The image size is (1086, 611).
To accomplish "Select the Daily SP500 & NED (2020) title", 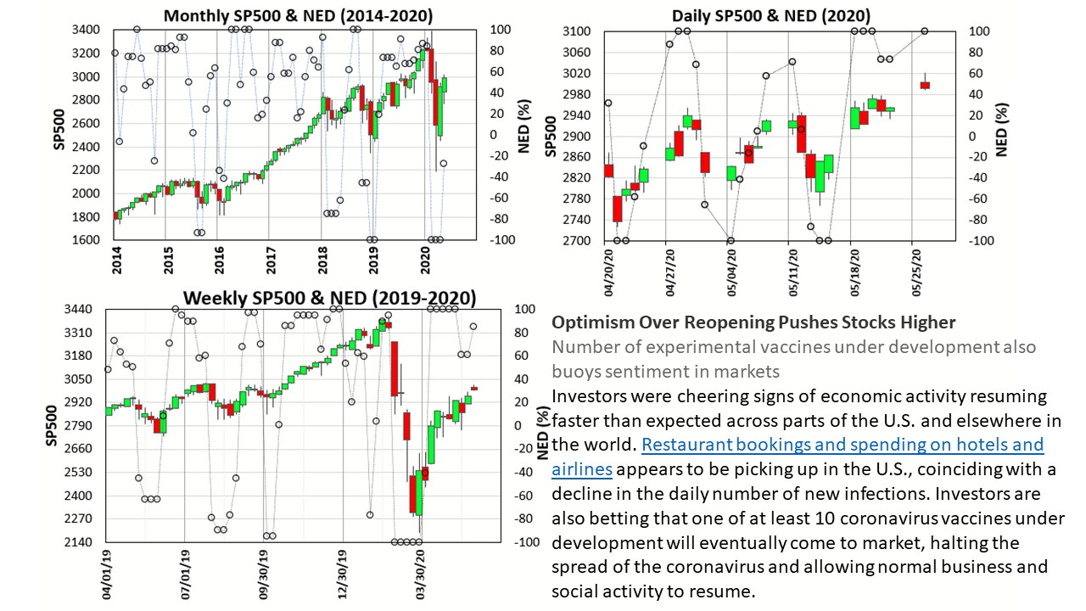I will (x=770, y=15).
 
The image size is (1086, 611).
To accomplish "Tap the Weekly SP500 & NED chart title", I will (x=330, y=298).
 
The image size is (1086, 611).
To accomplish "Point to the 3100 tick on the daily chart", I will (x=576, y=31).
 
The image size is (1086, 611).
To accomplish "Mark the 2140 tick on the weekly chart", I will (x=81, y=541).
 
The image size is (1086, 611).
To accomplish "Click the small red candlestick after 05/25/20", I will (x=925, y=85).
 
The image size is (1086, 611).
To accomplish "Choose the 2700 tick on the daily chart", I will (x=576, y=240).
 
